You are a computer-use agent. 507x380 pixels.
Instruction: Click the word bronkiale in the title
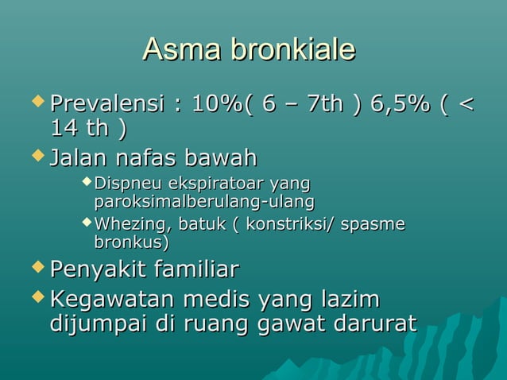click(x=291, y=51)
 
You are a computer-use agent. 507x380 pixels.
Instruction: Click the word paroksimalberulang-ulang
click(x=204, y=201)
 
